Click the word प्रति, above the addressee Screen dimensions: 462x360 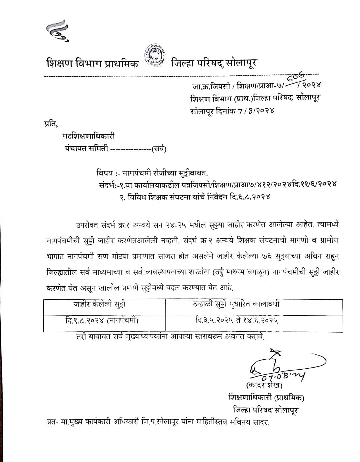tap(51, 124)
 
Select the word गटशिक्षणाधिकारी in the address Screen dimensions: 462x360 tap(88, 136)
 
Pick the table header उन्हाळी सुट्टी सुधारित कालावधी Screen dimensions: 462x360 tap(236, 304)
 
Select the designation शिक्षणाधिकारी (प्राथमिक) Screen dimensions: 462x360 tap(266, 397)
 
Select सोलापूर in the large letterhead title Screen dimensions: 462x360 tap(241, 63)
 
